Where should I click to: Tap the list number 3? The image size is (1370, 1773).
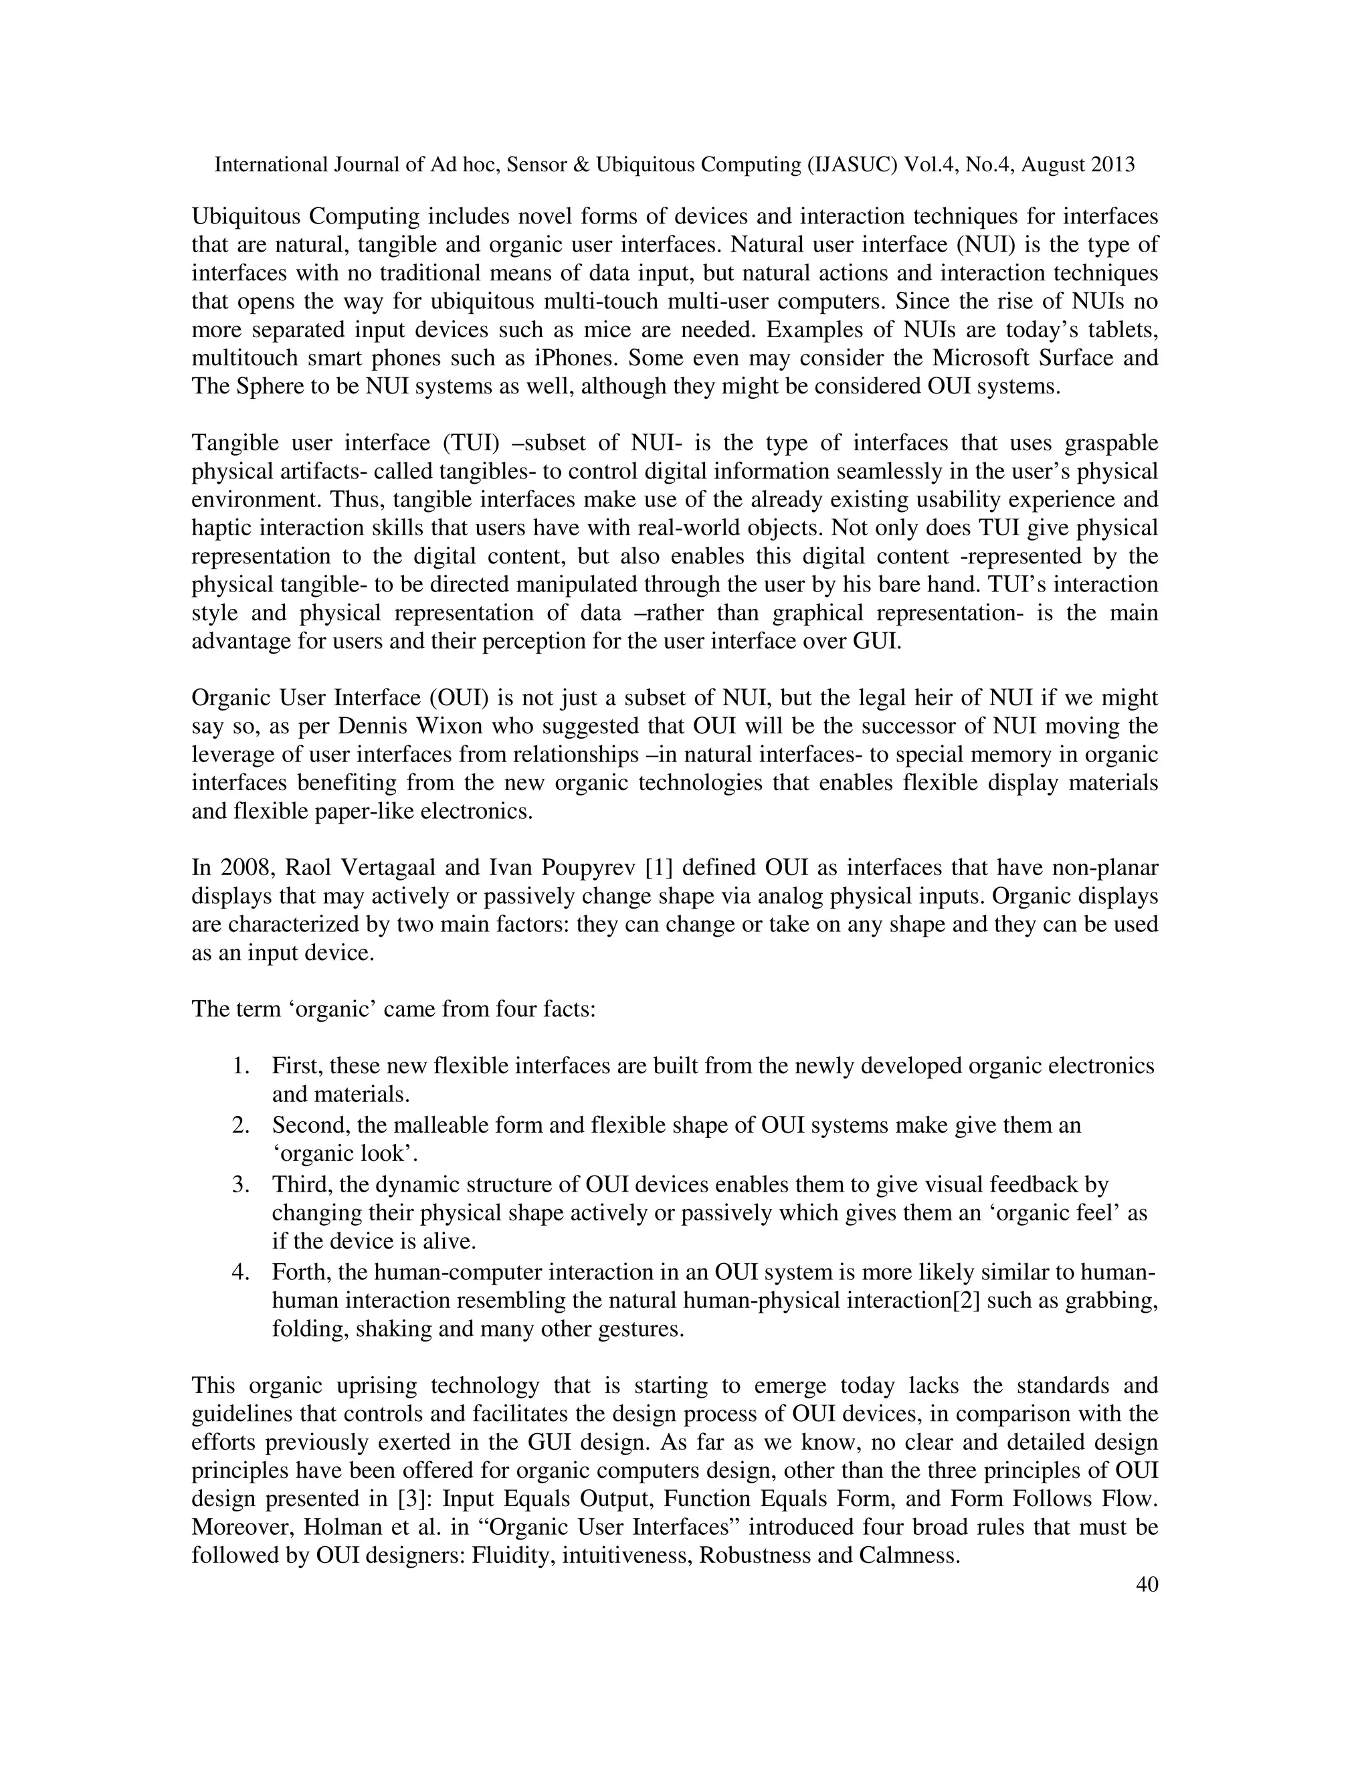[240, 1184]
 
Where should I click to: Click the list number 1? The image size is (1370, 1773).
[240, 1065]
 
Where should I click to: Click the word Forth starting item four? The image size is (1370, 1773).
[297, 1271]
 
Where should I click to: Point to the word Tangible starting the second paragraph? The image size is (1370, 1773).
[233, 442]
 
